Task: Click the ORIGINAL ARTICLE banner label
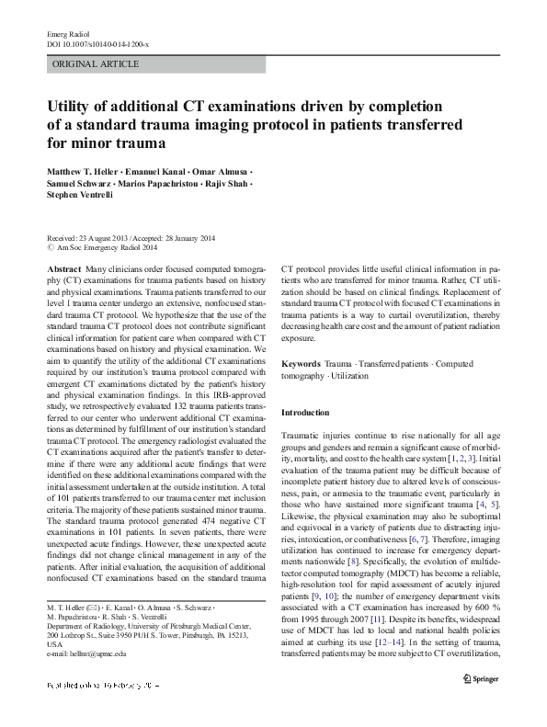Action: point(97,64)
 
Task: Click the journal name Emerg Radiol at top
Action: point(66,33)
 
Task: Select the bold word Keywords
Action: point(302,364)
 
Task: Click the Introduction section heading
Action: point(304,413)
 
